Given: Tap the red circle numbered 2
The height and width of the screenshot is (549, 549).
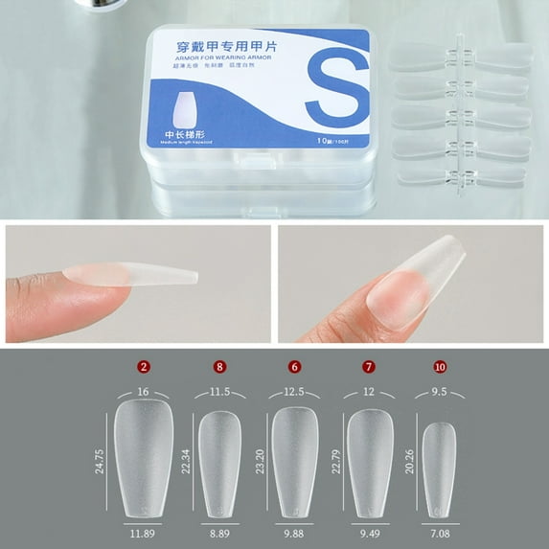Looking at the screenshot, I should coord(143,366).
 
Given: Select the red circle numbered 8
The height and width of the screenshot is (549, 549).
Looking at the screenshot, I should coord(219,366).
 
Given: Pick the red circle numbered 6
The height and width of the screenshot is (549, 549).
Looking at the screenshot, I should coord(295,366).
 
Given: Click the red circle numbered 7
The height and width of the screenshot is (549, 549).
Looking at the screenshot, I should coord(369,366).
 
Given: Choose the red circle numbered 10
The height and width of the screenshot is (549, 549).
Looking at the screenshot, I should coord(439,366).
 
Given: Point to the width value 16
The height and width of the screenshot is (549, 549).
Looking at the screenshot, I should coord(143,391).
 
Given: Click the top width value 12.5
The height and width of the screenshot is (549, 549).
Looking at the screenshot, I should coord(295,391).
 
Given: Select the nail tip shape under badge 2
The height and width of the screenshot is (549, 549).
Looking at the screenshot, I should coord(143,455).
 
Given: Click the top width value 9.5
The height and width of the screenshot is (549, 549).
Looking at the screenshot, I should coord(439,391).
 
